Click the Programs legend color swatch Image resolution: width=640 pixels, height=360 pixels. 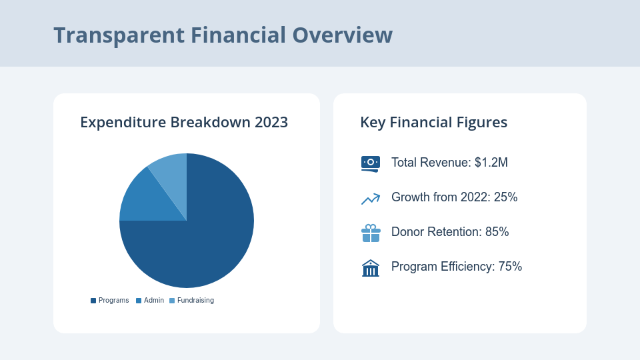pos(93,301)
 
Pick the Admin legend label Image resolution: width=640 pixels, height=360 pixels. pos(154,301)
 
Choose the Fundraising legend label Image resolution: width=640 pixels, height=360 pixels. pos(195,301)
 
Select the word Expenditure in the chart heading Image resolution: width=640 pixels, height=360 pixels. pos(123,123)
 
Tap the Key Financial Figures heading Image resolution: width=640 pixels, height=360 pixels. pos(433,123)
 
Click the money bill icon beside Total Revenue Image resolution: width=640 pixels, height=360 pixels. pos(370,163)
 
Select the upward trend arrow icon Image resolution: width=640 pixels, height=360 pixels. pos(370,198)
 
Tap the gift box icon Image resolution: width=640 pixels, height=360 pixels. pos(371,233)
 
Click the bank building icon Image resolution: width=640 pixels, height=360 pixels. pos(370,267)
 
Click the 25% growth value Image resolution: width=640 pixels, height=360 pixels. pos(505,197)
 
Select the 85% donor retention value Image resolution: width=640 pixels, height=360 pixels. pos(497,232)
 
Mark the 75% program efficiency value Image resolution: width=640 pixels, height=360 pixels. pos(510,267)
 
